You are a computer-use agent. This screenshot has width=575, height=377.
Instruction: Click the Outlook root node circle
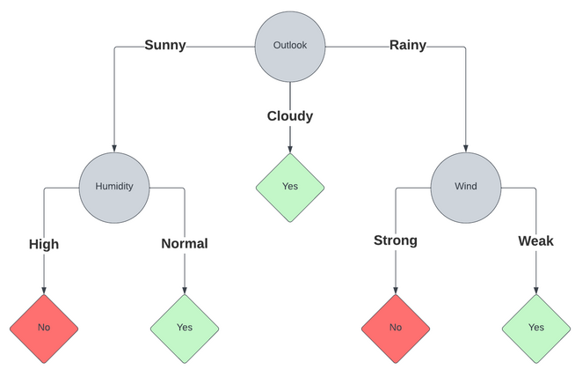tap(289, 46)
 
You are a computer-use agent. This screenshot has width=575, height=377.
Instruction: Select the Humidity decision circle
tap(113, 186)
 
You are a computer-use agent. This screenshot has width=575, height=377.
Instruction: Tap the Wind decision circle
tap(465, 186)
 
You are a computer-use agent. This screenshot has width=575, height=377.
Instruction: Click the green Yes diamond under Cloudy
tap(289, 186)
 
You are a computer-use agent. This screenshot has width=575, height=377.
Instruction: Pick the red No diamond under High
tap(43, 327)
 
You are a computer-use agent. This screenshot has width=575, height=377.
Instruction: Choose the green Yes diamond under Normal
tap(184, 327)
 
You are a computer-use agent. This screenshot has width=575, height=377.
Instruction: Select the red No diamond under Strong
tap(395, 327)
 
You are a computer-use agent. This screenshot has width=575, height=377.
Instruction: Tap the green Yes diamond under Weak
tap(535, 327)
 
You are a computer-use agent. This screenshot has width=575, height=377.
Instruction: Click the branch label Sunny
tap(165, 46)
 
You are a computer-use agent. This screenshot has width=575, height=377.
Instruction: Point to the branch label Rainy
tap(407, 46)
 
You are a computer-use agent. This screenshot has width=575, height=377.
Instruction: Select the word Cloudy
tap(289, 115)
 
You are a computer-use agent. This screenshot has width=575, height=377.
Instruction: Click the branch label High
tap(43, 244)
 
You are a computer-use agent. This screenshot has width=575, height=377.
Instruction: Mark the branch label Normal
tap(184, 244)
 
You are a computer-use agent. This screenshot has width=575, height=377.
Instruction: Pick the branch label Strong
tap(395, 240)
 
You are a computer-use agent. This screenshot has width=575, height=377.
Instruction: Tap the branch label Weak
tap(535, 240)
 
